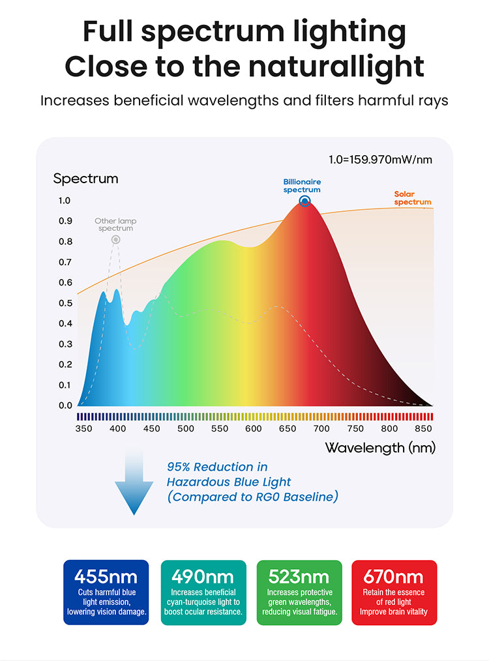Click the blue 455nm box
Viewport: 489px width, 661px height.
coord(106,593)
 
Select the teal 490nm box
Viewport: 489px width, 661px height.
coord(203,593)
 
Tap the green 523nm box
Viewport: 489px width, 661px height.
coord(299,593)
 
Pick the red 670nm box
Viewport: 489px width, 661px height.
coord(394,593)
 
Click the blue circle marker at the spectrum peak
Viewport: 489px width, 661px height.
coord(304,201)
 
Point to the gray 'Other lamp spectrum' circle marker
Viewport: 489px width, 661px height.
coord(115,239)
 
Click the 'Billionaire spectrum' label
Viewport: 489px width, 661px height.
coord(302,186)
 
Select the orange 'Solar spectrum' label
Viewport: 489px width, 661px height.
coord(413,198)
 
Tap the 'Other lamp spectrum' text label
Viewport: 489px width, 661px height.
coord(115,225)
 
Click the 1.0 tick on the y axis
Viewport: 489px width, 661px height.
coord(65,201)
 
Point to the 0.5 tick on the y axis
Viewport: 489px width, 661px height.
coord(65,303)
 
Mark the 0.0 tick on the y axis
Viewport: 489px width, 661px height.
coord(65,405)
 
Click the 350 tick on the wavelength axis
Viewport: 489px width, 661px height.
coord(83,428)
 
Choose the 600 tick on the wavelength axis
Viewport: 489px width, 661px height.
coord(254,428)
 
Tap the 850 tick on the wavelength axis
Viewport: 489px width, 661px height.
coord(423,428)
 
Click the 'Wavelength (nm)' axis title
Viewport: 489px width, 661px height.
coord(380,448)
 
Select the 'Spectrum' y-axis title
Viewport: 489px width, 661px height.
coord(85,178)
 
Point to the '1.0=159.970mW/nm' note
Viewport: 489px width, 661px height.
coord(381,158)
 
